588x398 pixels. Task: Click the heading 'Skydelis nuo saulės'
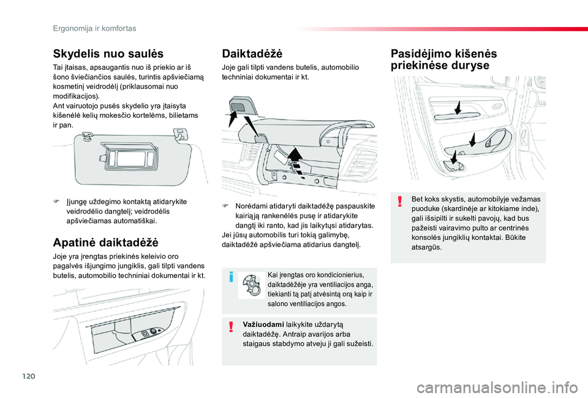coord(108,53)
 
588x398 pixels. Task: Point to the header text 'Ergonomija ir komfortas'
coord(94,28)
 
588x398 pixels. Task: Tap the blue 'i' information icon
coord(231,277)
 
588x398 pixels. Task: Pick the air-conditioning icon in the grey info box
coord(252,286)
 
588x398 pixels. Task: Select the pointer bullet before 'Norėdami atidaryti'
coord(225,207)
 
